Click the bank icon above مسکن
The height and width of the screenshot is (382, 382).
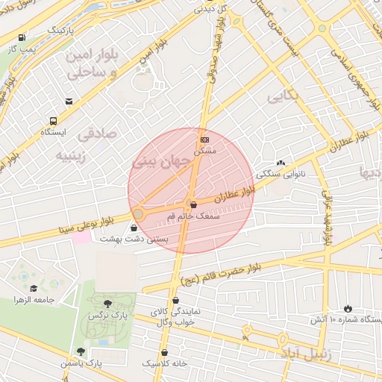(204, 139)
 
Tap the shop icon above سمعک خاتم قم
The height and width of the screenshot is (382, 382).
(193, 204)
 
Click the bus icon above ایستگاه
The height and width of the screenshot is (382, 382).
(54, 120)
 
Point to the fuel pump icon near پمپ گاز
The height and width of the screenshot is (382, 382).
(22, 37)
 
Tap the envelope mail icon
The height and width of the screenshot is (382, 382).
(69, 101)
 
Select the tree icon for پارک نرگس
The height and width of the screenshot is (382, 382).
(108, 304)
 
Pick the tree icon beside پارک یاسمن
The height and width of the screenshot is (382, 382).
(81, 351)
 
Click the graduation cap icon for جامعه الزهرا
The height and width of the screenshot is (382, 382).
(34, 288)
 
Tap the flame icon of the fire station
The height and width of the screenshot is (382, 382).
(348, 308)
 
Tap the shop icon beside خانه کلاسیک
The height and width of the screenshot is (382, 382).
(164, 352)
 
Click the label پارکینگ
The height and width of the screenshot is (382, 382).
(61, 30)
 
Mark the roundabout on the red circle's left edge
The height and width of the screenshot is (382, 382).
(138, 214)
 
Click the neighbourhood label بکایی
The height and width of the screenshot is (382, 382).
(284, 96)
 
